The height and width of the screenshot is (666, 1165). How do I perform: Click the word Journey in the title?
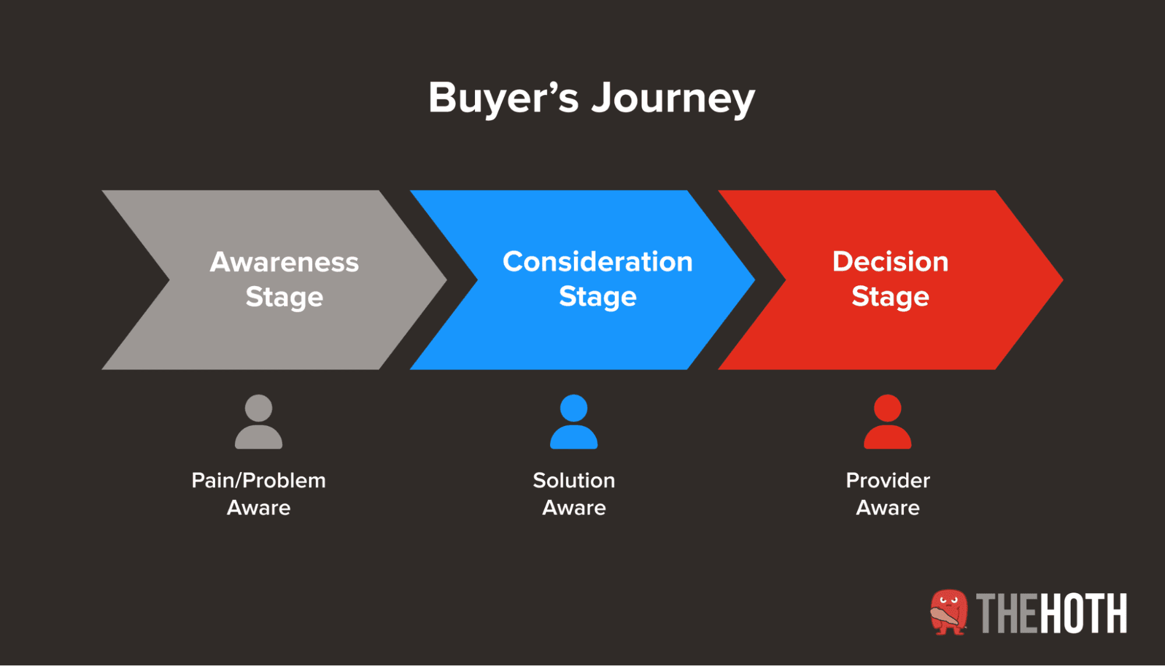673,98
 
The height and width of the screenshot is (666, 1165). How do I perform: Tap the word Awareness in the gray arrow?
284,262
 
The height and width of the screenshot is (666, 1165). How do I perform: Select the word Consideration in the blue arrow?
597,262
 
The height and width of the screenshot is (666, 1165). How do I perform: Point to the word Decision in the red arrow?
890,262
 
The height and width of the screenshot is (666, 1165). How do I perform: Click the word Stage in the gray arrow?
284,297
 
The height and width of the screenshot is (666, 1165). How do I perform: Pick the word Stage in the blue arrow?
597,297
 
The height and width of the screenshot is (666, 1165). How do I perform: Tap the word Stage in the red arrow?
890,297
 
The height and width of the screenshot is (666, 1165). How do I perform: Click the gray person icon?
258,422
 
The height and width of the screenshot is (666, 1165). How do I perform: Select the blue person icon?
573,422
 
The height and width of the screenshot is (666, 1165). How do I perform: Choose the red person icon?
887,422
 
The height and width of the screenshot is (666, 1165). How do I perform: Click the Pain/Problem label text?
258,481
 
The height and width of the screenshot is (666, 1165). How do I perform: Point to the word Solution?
573,481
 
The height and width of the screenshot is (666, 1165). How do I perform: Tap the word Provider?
887,481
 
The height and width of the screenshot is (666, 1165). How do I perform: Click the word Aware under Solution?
573,508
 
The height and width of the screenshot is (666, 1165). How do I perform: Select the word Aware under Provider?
887,508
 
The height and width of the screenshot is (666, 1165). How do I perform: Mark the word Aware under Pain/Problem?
258,508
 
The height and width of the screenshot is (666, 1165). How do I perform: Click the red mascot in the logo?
948,612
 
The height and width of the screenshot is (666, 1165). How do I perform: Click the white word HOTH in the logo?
1083,614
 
